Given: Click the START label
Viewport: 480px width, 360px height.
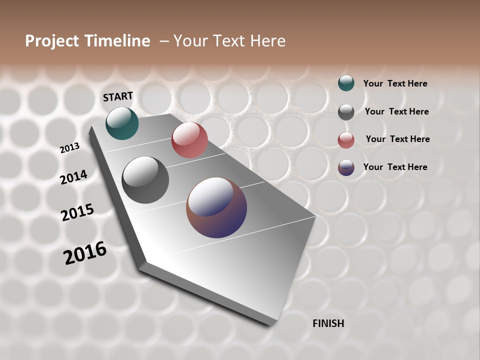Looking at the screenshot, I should pyautogui.click(x=118, y=96).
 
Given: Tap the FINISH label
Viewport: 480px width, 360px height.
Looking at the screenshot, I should pyautogui.click(x=328, y=323).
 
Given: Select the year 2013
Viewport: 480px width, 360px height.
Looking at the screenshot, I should pyautogui.click(x=69, y=147).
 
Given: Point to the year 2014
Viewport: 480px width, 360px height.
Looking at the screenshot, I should pyautogui.click(x=73, y=177).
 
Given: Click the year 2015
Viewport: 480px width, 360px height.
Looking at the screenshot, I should pyautogui.click(x=77, y=212).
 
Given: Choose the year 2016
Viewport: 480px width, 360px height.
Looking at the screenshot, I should pyautogui.click(x=85, y=252).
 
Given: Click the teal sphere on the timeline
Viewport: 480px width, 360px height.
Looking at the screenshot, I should pyautogui.click(x=122, y=123).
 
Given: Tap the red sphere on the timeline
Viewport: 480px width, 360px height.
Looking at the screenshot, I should pyautogui.click(x=189, y=140).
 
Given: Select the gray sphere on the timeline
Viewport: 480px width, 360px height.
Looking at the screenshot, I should pyautogui.click(x=145, y=179).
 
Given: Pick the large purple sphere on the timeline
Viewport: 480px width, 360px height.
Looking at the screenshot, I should pyautogui.click(x=216, y=207).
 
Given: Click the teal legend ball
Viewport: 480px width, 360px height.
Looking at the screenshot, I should pyautogui.click(x=346, y=83).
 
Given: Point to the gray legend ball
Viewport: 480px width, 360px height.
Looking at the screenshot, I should pyautogui.click(x=346, y=112).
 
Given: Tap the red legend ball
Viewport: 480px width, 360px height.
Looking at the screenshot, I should pyautogui.click(x=346, y=140).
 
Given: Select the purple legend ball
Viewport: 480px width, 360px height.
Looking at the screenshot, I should pyautogui.click(x=346, y=167).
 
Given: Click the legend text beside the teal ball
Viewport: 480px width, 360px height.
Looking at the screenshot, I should pyautogui.click(x=395, y=83).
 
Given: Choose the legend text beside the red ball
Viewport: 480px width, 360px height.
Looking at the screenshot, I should pyautogui.click(x=397, y=139).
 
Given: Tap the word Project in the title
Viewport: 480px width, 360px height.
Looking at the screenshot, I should pyautogui.click(x=51, y=41).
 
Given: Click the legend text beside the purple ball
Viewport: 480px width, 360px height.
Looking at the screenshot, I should pyautogui.click(x=395, y=167).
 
